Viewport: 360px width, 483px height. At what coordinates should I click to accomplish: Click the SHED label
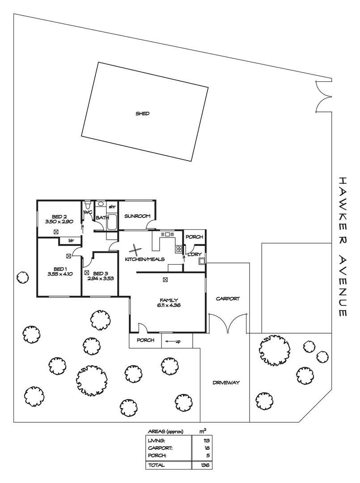(x=143, y=114)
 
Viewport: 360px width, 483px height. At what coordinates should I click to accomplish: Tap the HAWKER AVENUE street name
(x=343, y=246)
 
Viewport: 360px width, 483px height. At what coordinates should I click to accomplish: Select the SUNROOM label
(x=137, y=216)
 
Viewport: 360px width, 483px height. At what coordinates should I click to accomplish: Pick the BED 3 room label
(x=101, y=273)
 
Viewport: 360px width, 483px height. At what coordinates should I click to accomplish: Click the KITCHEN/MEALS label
(x=144, y=259)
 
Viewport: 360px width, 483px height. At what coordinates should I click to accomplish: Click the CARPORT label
(x=228, y=298)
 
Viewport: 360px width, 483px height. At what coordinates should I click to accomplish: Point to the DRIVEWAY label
(x=226, y=382)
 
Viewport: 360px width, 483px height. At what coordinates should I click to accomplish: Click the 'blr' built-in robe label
(x=71, y=240)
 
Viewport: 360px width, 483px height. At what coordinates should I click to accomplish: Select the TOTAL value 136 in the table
(x=205, y=465)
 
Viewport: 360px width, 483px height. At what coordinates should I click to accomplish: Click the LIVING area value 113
(x=205, y=441)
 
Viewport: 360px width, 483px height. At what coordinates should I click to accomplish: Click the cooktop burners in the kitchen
(x=179, y=249)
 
